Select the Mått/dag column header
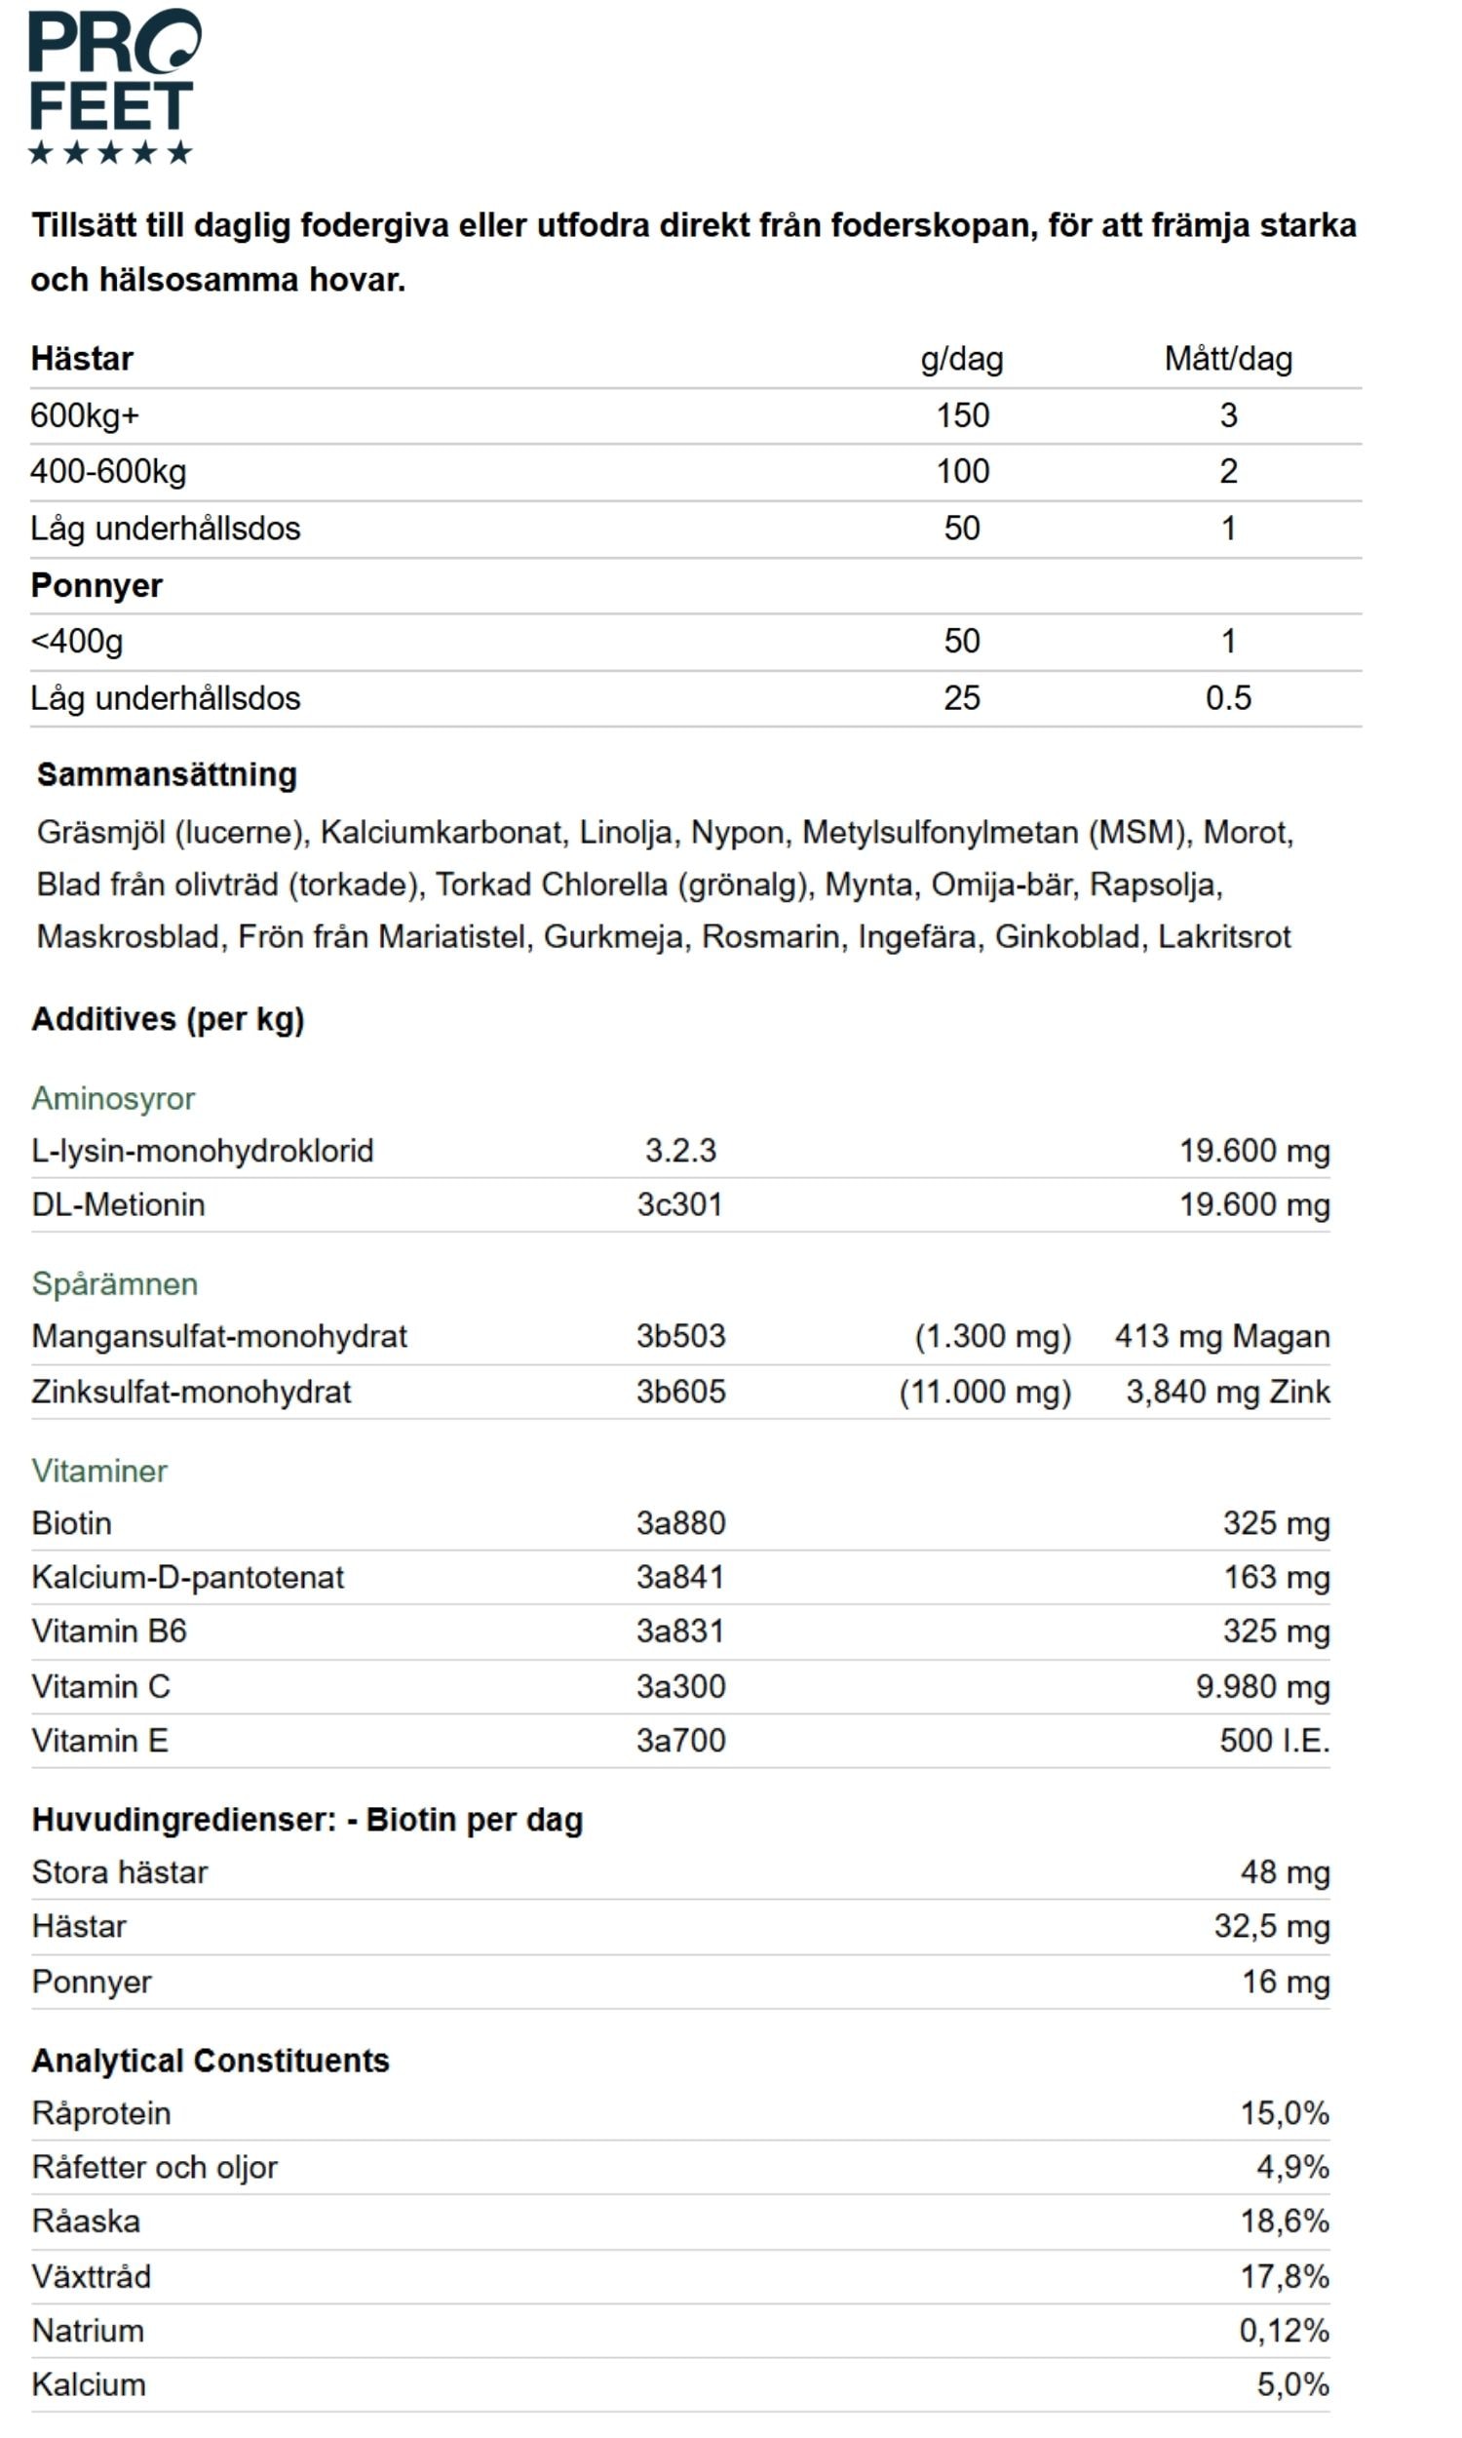1227,359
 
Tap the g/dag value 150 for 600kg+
962,414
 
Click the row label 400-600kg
108,471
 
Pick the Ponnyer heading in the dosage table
96,585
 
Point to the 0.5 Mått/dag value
1227,697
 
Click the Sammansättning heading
167,774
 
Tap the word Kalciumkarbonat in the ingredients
442,833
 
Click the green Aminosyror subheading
113,1098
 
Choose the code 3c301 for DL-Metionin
679,1204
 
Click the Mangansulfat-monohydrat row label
218,1336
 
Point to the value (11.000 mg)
984,1392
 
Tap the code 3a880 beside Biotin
679,1522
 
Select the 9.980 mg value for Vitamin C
1262,1686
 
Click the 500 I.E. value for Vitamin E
1274,1741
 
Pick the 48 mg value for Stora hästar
1285,1872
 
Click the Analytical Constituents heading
211,2060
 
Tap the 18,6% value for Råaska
1284,2222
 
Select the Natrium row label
89,2331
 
